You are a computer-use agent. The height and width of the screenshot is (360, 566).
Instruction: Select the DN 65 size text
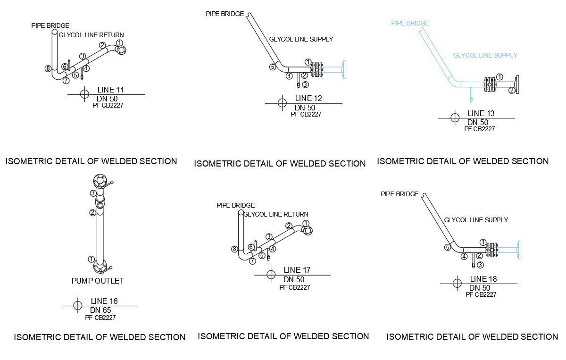100,310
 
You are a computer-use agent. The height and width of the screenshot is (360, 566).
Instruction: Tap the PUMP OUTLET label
98,281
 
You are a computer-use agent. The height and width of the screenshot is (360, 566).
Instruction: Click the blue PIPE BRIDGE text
410,23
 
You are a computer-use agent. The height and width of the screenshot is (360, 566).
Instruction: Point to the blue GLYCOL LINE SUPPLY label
485,55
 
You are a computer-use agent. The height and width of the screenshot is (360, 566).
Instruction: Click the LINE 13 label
481,113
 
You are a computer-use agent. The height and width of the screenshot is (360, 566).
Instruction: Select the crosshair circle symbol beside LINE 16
78,305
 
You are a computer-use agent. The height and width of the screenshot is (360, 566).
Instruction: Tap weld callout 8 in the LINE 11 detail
48,68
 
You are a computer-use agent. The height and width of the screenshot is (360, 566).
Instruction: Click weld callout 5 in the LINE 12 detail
273,67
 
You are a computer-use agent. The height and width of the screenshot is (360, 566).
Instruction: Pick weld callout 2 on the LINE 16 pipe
93,212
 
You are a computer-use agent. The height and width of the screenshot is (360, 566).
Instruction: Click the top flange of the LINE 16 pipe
100,180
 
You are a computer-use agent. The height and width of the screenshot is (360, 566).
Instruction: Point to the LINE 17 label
297,270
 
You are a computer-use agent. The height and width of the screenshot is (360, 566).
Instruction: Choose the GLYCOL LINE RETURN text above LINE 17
276,214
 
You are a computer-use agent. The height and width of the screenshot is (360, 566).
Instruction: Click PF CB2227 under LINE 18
481,294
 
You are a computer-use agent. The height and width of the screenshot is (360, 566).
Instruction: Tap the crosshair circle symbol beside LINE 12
282,103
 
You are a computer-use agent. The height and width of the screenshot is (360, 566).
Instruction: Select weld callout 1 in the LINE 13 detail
500,76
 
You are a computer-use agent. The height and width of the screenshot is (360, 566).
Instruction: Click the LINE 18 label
483,279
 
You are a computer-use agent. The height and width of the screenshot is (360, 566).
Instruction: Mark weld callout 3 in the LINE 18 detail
480,265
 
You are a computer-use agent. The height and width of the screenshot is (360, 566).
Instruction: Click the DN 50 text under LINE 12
305,108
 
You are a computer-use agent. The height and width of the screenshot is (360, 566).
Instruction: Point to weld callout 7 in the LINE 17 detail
253,261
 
